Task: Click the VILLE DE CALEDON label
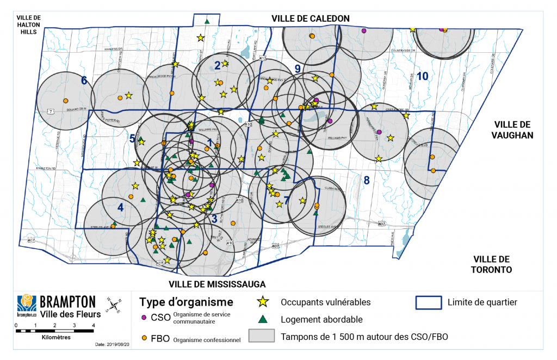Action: click(x=311, y=18)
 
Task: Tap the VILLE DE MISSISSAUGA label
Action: click(x=217, y=284)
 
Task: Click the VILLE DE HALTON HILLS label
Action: click(x=27, y=24)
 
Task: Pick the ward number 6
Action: click(x=84, y=81)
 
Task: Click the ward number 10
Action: click(x=423, y=76)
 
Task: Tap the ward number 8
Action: click(x=367, y=180)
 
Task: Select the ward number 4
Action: click(x=120, y=207)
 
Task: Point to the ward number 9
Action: click(x=298, y=69)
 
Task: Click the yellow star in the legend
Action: click(x=263, y=301)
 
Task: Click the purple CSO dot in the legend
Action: click(x=144, y=317)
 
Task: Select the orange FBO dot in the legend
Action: click(x=144, y=338)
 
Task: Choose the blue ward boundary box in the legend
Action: click(x=428, y=302)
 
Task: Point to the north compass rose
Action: click(x=114, y=306)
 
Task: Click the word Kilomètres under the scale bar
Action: click(x=56, y=337)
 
